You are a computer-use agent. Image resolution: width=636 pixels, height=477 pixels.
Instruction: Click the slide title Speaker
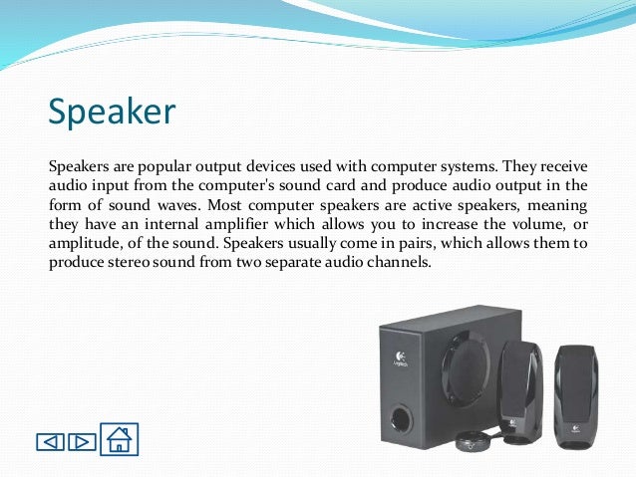coord(112,111)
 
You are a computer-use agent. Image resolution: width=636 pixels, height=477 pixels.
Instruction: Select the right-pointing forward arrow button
coord(83,440)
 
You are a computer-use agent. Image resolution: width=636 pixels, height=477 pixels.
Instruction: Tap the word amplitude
coord(86,242)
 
